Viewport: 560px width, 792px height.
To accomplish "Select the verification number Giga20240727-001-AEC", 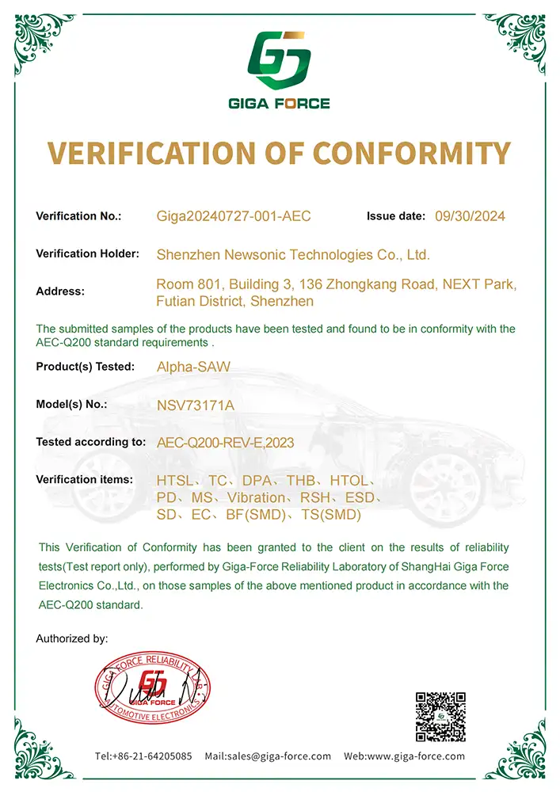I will pyautogui.click(x=234, y=216).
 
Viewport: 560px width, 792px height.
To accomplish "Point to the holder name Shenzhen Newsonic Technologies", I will pyautogui.click(x=293, y=255).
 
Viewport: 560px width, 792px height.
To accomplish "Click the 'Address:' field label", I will pyautogui.click(x=60, y=291).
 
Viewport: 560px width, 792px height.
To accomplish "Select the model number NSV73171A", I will pyautogui.click(x=196, y=406).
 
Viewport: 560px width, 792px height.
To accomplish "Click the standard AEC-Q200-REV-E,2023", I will pyautogui.click(x=226, y=444).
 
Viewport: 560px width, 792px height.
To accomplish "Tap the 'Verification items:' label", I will pyautogui.click(x=84, y=480).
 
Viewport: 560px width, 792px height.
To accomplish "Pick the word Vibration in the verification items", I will pyautogui.click(x=255, y=498).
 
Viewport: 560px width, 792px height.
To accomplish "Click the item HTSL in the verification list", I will pyautogui.click(x=175, y=481).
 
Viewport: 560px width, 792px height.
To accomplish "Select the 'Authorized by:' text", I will pyautogui.click(x=72, y=638).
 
